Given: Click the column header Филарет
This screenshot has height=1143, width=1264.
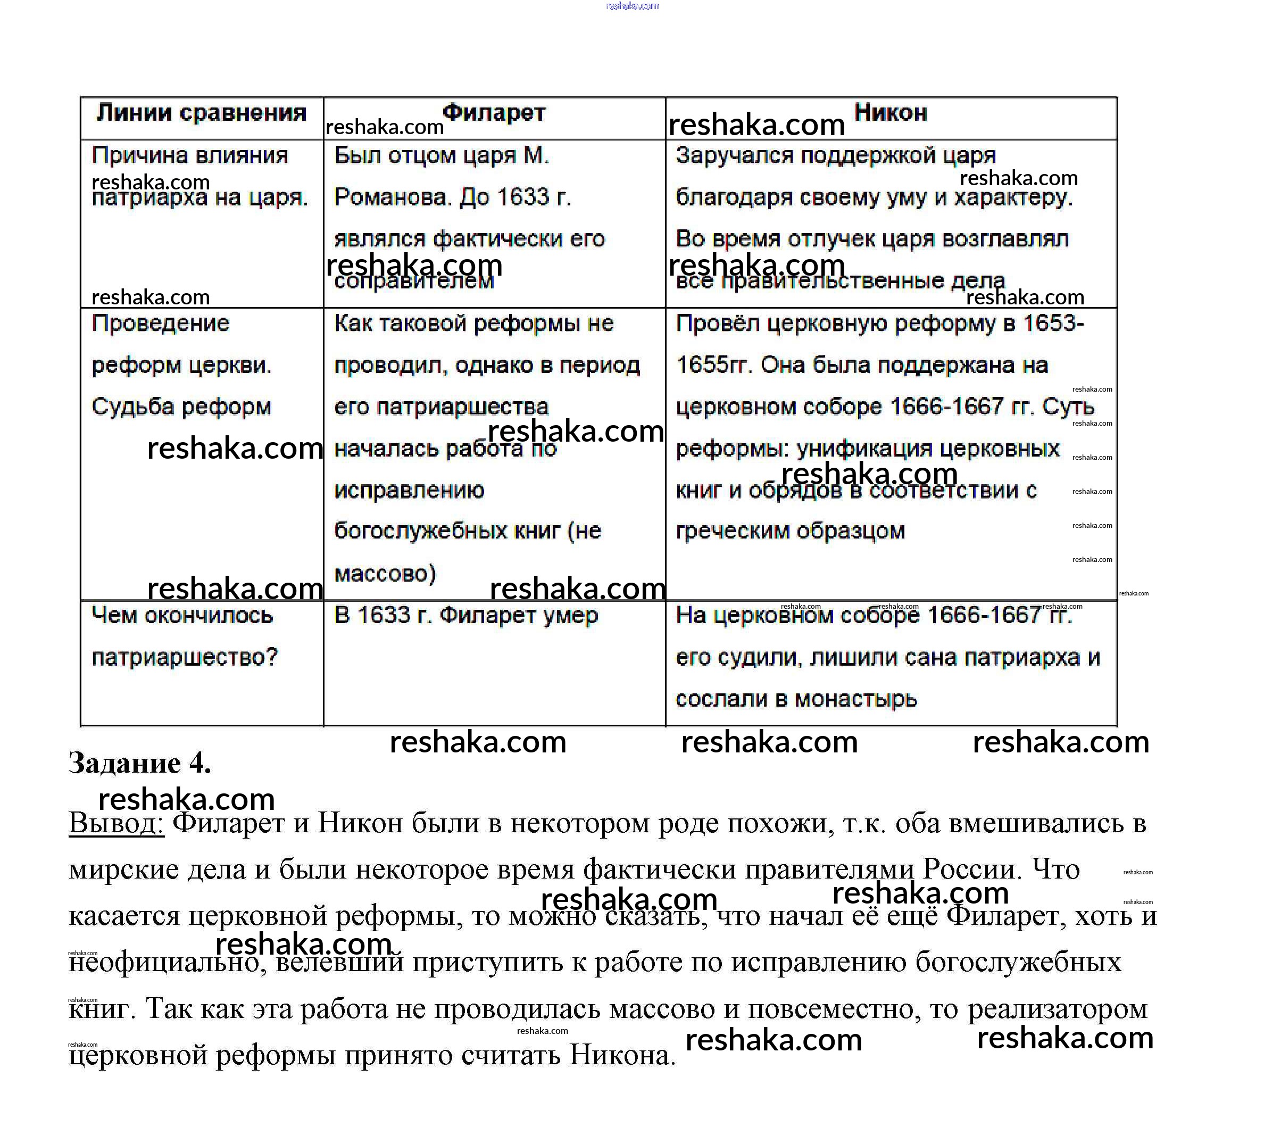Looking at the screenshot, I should pyautogui.click(x=494, y=113).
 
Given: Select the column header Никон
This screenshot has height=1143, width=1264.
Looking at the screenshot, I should pyautogui.click(x=891, y=113).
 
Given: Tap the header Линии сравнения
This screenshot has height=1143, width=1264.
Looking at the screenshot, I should pyautogui.click(x=201, y=113).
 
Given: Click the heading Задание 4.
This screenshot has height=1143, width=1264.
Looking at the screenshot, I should pyautogui.click(x=140, y=763).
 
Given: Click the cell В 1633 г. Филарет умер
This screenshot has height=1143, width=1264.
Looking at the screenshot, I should pyautogui.click(x=466, y=615).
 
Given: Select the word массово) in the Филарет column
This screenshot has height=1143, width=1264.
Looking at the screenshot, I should pyautogui.click(x=385, y=573).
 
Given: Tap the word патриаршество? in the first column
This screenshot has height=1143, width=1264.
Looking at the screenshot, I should pyautogui.click(x=184, y=657).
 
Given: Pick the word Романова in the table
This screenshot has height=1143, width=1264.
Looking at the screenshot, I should pyautogui.click(x=393, y=197).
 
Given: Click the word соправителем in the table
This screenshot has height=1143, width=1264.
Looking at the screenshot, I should pyautogui.click(x=414, y=281).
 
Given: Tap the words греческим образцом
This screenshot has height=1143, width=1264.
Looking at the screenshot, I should pyautogui.click(x=790, y=531).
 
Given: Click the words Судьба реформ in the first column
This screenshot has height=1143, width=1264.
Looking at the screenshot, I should pyautogui.click(x=181, y=407).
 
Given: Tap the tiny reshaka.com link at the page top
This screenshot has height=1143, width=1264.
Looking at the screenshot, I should pyautogui.click(x=632, y=6).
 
